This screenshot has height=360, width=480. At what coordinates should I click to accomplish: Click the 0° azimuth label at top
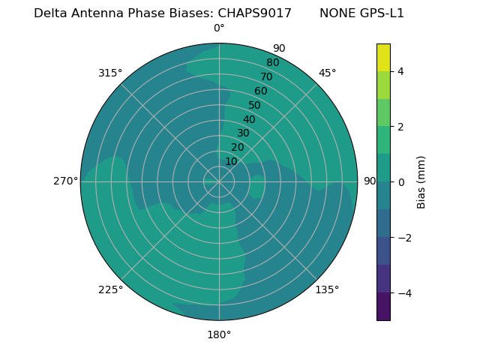[219, 28]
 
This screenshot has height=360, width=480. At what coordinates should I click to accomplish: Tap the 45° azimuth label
[327, 73]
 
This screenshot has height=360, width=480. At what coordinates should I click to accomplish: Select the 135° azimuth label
[327, 289]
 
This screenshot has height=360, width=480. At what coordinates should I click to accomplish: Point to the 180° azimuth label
[219, 334]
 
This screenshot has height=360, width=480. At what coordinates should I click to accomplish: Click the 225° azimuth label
[110, 289]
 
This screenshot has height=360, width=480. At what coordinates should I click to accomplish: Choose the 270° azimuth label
[65, 181]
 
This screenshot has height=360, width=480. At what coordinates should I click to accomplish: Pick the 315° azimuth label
[110, 73]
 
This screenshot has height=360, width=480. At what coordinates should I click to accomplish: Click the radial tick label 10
[231, 161]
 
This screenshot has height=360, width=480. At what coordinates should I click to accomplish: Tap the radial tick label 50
[254, 105]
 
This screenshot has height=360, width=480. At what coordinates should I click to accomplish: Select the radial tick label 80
[272, 63]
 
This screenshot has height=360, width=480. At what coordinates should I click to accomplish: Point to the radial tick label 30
[243, 133]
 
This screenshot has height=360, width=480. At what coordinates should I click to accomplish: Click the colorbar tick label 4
[400, 71]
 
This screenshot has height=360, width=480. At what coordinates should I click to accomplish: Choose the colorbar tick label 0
[400, 182]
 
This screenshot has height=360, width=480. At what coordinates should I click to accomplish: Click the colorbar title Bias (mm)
[421, 182]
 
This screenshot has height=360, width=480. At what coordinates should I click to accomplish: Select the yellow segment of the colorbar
[383, 57]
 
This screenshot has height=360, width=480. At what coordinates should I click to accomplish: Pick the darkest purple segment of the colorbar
[383, 307]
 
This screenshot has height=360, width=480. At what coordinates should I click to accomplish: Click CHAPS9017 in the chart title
[254, 13]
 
